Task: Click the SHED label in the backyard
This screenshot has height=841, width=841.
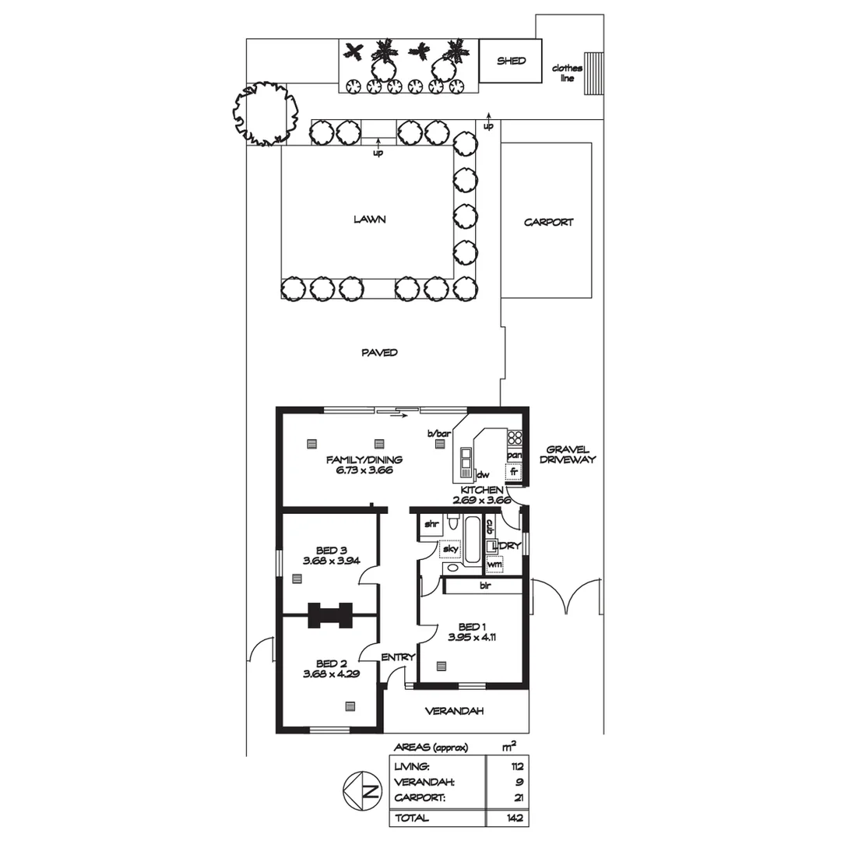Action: click(x=511, y=61)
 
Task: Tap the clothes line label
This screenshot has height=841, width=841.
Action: click(x=567, y=73)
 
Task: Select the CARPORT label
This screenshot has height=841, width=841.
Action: click(x=548, y=222)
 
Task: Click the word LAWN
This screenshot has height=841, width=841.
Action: click(x=369, y=220)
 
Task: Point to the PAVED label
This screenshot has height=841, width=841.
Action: click(x=379, y=353)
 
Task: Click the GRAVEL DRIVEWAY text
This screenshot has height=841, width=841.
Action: click(x=571, y=455)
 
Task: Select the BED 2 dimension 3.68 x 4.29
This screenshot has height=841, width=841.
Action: click(x=331, y=674)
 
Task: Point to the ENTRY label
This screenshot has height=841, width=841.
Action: click(x=398, y=658)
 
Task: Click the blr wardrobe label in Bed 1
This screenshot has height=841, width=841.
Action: click(x=485, y=584)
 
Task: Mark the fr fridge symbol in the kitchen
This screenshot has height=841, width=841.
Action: click(x=514, y=471)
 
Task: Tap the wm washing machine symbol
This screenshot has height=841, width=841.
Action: click(x=494, y=564)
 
